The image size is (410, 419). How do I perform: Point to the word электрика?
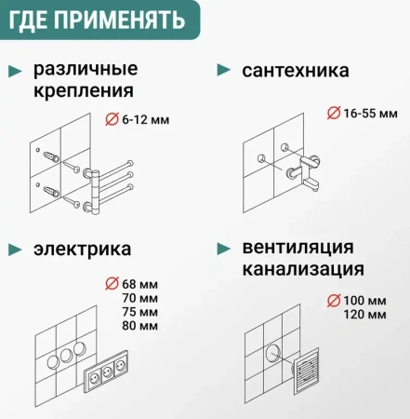pyautogui.click(x=82, y=249)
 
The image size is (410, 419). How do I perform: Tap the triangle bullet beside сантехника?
pyautogui.click(x=223, y=70)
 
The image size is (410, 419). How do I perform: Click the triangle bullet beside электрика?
pyautogui.click(x=15, y=249)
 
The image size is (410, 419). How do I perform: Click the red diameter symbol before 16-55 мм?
pyautogui.click(x=334, y=113)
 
